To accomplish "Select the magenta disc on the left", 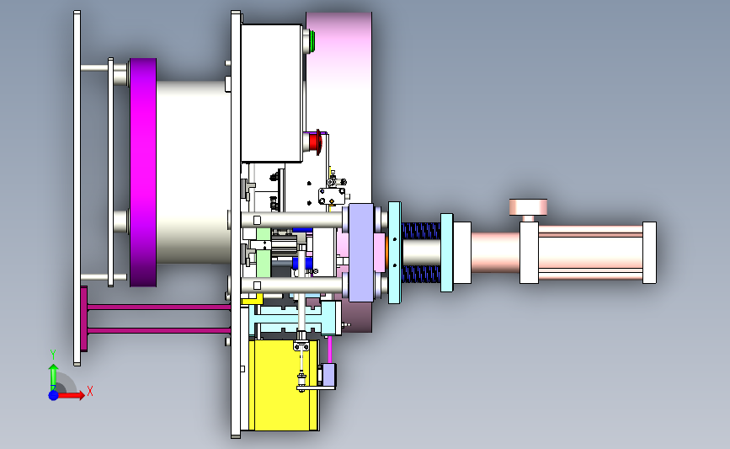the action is tap(143, 173).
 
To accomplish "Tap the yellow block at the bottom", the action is tap(284, 385).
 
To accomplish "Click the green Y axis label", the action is tap(53, 355).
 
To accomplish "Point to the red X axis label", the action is tap(90, 391).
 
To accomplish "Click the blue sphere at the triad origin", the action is tap(54, 395).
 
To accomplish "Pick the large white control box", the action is tap(272, 94).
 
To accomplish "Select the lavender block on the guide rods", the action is tap(361, 253).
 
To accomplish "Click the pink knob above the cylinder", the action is tap(528, 206).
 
